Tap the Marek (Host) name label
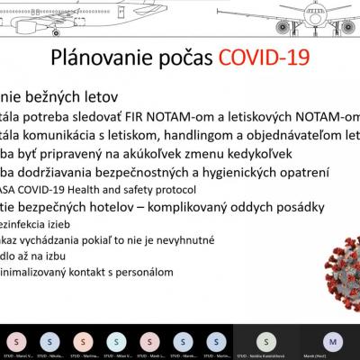click(x=332, y=356)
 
